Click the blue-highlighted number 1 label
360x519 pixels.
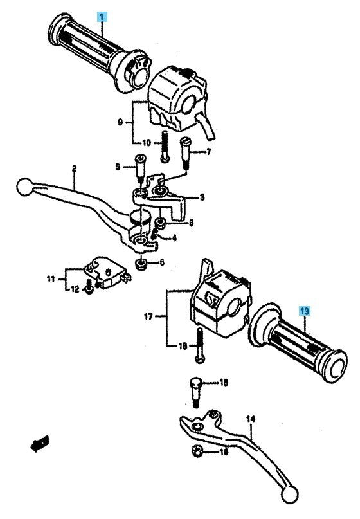coord(102,17)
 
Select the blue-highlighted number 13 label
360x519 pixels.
coord(304,311)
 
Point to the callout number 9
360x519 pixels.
coord(120,122)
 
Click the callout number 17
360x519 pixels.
coord(148,317)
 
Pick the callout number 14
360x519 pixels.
coord(251,419)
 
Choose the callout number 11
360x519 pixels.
coord(51,279)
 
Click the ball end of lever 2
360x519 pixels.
coord(25,187)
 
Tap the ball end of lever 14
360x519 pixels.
coord(290,495)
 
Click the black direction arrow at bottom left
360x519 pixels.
coord(40,443)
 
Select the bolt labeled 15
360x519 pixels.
coord(196,393)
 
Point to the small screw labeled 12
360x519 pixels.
coord(89,287)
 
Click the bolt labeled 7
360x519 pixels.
coord(185,154)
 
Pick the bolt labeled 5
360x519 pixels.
coord(141,168)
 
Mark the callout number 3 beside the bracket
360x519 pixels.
coord(202,197)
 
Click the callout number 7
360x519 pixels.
coord(208,152)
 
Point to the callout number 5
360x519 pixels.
coord(118,167)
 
